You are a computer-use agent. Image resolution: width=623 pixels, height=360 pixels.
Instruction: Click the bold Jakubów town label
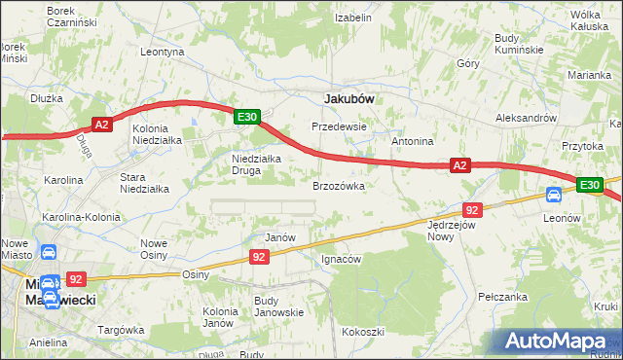pos(349,98)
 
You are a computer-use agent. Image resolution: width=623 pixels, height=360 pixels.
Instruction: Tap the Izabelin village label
pos(353,18)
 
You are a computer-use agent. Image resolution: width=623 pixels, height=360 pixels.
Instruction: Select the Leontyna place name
pos(163,52)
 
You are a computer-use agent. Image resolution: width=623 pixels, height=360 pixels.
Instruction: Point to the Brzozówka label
pos(339,185)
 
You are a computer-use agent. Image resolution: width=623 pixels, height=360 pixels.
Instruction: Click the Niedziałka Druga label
pos(256,166)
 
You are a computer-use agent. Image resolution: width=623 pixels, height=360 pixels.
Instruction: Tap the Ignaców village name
pos(341,260)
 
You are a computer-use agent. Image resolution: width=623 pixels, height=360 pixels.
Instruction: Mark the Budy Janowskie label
pos(278,306)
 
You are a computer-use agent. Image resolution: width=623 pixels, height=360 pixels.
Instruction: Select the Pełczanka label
pos(502,297)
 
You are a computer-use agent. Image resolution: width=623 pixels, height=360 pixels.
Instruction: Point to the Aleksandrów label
pos(526,117)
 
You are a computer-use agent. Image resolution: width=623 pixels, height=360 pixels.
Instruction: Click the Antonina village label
pos(412,142)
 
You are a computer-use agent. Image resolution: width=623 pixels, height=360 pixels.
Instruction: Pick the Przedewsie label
pos(339,126)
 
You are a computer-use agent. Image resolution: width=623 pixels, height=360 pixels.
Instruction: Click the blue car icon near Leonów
pos(554,195)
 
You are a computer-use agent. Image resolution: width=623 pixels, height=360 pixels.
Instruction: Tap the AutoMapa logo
pos(559,341)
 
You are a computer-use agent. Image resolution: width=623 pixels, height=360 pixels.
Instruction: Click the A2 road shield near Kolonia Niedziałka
pos(104,124)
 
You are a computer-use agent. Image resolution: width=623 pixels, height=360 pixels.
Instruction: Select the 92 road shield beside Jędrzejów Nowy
pos(472,210)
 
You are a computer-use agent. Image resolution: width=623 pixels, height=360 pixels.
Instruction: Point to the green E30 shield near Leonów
pos(589,185)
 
